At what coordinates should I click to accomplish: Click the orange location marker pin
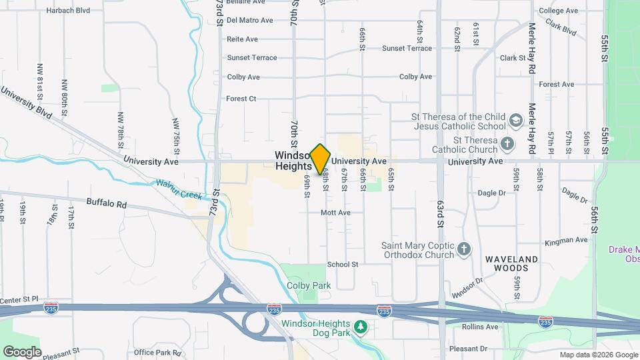pos(321,159)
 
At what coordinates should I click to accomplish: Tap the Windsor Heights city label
pos(293,161)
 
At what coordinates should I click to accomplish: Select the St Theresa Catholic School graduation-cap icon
pos(515,121)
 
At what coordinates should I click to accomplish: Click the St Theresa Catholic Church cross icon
pos(507,144)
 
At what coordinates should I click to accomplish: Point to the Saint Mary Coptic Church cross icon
pos(465,250)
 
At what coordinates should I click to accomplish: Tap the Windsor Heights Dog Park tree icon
pos(361,327)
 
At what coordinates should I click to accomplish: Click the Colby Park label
pos(309,285)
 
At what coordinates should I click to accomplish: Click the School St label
pos(343,265)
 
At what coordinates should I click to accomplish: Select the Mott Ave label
pos(335,213)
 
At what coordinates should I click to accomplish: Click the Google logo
pos(22,351)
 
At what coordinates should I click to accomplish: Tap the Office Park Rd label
pos(157,352)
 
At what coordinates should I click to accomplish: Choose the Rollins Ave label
pos(481,327)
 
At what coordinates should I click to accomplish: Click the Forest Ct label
pos(241,99)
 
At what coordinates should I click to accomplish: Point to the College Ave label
pos(558,11)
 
